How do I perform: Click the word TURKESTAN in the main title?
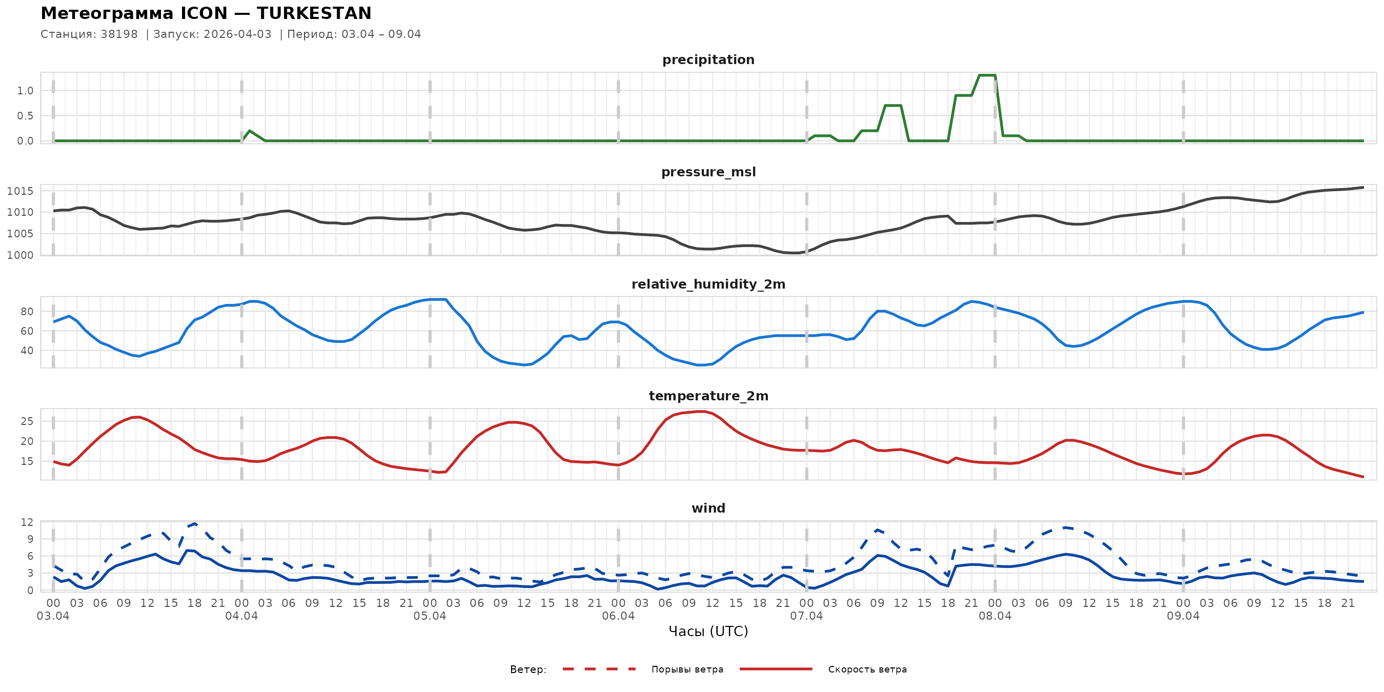[x=314, y=13]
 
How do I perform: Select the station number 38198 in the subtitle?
[x=119, y=34]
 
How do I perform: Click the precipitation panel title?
[x=708, y=59]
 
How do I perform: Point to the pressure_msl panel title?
[x=708, y=172]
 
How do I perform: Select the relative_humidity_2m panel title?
[x=708, y=284]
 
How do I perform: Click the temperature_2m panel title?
[x=708, y=396]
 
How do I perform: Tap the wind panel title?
[x=708, y=508]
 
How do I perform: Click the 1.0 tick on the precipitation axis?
[x=25, y=91]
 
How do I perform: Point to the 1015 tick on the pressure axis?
[x=20, y=191]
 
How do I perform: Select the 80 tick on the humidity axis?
[x=27, y=312]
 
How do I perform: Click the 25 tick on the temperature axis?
[x=27, y=422]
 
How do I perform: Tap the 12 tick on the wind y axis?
[x=27, y=522]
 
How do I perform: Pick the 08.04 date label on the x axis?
[x=994, y=616]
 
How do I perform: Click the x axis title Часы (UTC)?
[x=708, y=632]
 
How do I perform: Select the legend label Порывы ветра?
[x=687, y=669]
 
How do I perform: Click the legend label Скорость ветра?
[x=867, y=669]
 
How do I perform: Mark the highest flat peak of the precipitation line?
[x=987, y=75]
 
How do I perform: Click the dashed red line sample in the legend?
[x=599, y=669]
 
